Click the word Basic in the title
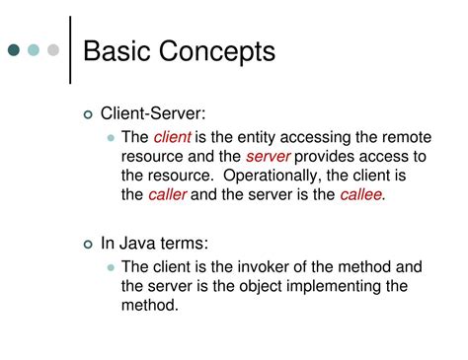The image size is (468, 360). tap(117, 50)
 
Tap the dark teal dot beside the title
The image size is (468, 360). tap(17, 49)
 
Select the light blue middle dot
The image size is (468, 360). tap(35, 49)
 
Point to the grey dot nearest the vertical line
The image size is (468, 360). tap(53, 49)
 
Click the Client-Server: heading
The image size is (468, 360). tap(153, 116)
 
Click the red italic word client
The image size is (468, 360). tap(172, 139)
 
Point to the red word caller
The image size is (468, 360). tap(167, 194)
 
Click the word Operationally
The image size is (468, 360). tap(272, 176)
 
